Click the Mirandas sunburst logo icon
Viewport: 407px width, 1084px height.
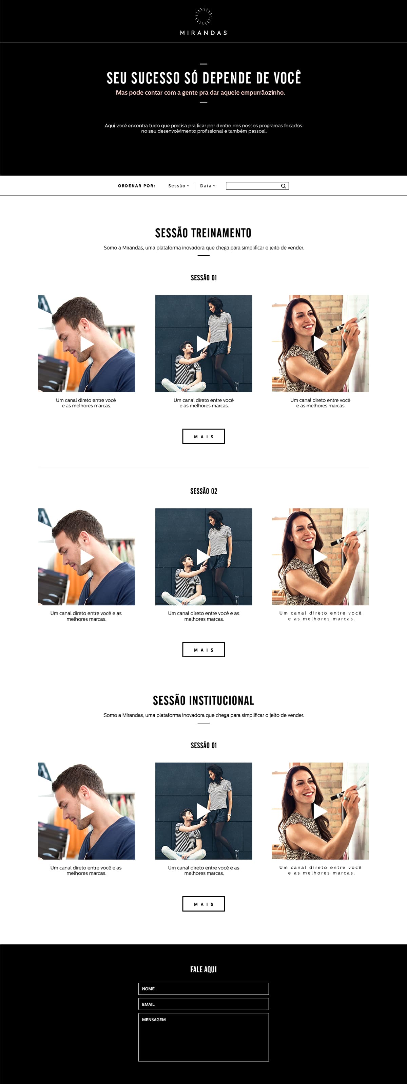203,16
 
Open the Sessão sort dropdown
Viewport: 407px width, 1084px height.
179,186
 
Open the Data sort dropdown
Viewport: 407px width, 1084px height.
208,186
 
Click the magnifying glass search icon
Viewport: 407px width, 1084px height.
284,186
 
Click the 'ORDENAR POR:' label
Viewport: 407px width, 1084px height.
137,186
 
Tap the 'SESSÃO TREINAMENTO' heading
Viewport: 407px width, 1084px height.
203,233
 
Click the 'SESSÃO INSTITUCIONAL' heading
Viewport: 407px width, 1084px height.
203,700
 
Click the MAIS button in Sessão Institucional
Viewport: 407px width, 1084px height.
203,904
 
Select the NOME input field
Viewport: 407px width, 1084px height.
203,989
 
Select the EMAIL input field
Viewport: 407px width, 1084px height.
203,1004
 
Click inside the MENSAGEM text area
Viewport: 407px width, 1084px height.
203,1037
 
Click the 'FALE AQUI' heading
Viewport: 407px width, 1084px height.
203,970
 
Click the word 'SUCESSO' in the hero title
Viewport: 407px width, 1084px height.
156,78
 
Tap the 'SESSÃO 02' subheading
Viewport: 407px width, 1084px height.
204,491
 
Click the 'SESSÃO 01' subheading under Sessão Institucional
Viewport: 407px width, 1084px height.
204,745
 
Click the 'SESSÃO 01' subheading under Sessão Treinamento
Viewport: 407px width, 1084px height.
204,278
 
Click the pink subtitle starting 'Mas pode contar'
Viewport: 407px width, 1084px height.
200,93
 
